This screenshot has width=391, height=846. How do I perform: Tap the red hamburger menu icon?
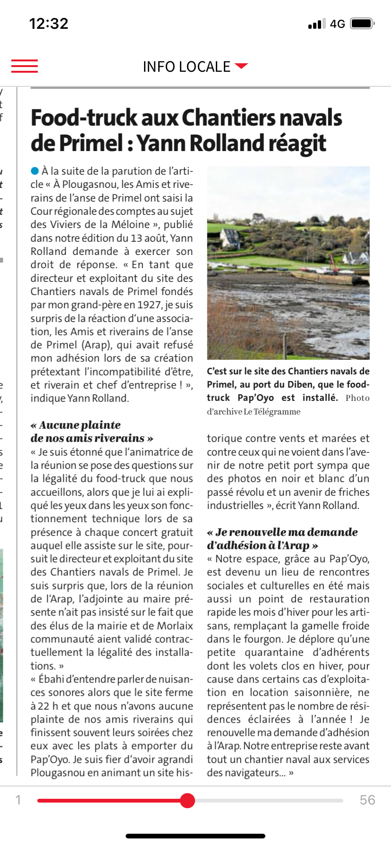pyautogui.click(x=25, y=66)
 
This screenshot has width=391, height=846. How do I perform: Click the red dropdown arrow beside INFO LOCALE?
pyautogui.click(x=241, y=66)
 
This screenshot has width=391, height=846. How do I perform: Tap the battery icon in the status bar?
pyautogui.click(x=362, y=24)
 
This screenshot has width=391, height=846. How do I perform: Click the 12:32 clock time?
pyautogui.click(x=49, y=24)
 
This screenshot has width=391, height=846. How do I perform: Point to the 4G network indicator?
pyautogui.click(x=337, y=24)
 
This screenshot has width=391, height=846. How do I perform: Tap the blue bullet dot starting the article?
pyautogui.click(x=34, y=170)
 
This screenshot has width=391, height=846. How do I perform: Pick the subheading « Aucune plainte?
pyautogui.click(x=76, y=425)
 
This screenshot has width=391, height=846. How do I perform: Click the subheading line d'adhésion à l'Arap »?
pyautogui.click(x=262, y=545)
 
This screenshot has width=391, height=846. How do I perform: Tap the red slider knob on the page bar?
pyautogui.click(x=187, y=800)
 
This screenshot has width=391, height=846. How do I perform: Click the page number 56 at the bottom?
pyautogui.click(x=367, y=800)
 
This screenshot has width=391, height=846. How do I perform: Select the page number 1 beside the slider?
pyautogui.click(x=18, y=800)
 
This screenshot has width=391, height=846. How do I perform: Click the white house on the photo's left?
pyautogui.click(x=230, y=237)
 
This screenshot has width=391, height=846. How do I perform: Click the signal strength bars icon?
pyautogui.click(x=316, y=24)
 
